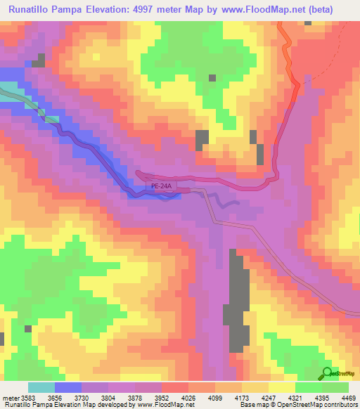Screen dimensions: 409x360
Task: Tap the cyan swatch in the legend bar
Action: point(41,387)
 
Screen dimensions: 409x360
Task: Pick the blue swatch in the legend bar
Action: point(67,387)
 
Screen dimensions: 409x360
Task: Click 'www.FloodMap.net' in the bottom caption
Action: point(160,405)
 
